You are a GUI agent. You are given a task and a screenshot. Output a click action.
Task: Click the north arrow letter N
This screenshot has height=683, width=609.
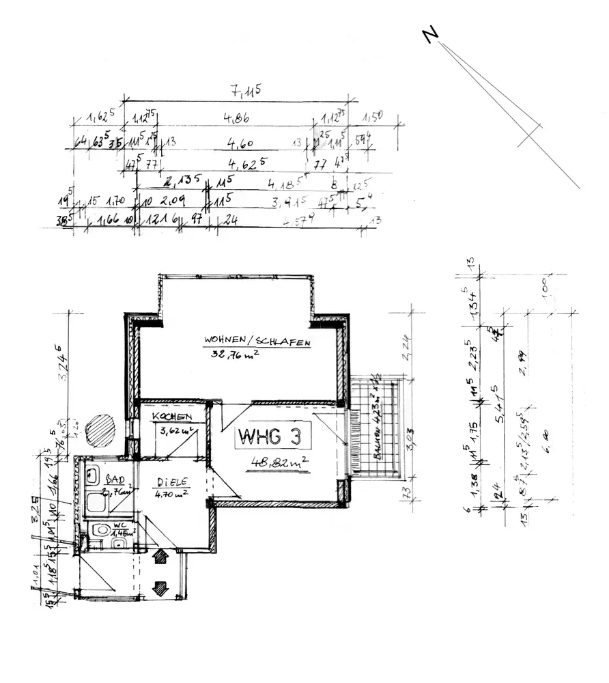point(429,35)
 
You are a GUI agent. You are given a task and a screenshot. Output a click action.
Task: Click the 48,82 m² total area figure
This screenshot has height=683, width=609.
point(280,462)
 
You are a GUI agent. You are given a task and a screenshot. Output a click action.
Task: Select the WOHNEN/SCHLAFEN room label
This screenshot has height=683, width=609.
point(257,341)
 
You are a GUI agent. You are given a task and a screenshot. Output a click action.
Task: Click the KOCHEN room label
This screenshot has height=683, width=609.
point(171,417)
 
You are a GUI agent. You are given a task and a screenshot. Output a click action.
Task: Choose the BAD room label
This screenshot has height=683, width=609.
point(115,481)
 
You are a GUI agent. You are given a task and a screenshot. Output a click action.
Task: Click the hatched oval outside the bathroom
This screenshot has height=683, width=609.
point(100,432)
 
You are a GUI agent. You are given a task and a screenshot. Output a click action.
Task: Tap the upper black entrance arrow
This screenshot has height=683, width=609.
point(160,557)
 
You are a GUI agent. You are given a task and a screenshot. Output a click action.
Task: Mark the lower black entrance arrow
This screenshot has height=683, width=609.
point(160,587)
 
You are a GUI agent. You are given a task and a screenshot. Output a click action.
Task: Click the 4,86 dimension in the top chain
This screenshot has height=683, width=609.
point(236,117)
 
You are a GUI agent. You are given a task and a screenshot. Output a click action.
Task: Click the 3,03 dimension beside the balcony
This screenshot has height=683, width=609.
point(411,437)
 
